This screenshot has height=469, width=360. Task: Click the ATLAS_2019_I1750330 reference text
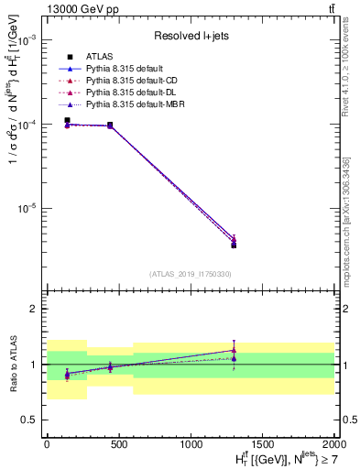pyautogui.click(x=191, y=274)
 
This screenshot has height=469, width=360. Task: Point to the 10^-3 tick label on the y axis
pyautogui.click(x=29, y=41)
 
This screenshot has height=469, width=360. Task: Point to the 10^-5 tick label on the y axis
pyautogui.click(x=29, y=208)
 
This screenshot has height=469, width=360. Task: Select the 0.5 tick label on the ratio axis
pyautogui.click(x=32, y=420)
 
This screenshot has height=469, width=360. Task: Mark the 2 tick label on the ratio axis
pyautogui.click(x=37, y=310)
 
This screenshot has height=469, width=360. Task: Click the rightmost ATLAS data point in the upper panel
pyautogui.click(x=234, y=245)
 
